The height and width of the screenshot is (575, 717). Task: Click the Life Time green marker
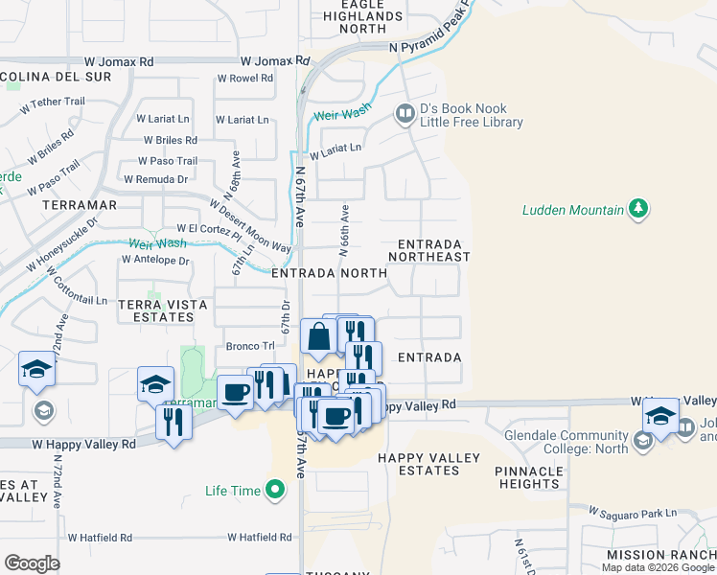pos(276,492)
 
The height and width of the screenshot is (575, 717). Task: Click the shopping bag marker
pos(318,337)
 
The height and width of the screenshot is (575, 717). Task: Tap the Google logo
pos(32,563)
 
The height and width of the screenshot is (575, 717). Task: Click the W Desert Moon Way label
pos(250,226)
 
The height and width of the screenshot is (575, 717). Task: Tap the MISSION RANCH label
pos(660,555)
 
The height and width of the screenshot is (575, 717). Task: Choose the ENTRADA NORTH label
pos(329,273)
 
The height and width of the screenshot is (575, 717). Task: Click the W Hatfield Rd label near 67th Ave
pos(260,538)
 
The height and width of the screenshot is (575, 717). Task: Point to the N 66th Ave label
pos(343,228)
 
